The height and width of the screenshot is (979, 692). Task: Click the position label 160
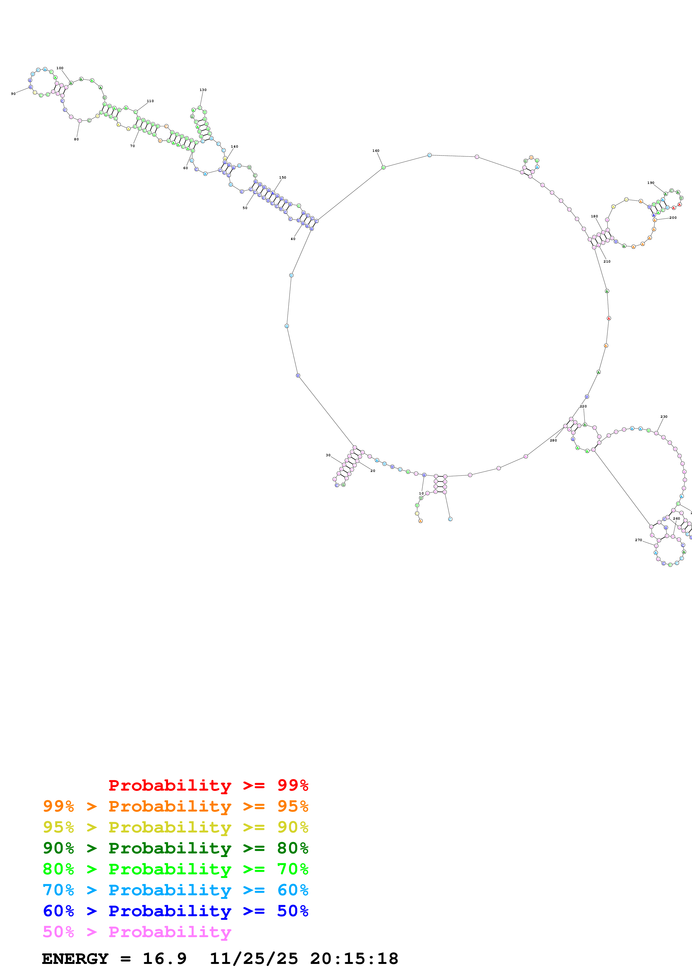(376, 150)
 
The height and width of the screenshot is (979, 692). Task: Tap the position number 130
(203, 90)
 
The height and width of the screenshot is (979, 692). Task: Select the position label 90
(13, 94)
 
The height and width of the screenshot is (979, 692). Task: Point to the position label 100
(60, 68)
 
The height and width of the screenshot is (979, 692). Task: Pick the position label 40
(293, 239)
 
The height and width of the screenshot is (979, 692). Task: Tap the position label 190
(651, 183)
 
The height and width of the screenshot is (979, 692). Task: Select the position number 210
(607, 261)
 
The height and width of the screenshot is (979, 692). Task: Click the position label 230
(664, 417)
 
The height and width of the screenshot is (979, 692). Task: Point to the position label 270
(638, 540)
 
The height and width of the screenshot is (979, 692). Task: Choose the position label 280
(553, 440)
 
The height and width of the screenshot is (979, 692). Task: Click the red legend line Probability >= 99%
(208, 785)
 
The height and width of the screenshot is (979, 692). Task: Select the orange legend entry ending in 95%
(175, 806)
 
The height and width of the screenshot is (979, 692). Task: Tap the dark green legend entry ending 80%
(175, 848)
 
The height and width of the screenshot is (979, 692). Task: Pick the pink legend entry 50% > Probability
(137, 932)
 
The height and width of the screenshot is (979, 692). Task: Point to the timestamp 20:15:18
(354, 959)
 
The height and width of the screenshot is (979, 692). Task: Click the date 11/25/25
(254, 959)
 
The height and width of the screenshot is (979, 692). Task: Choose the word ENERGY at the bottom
(75, 959)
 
